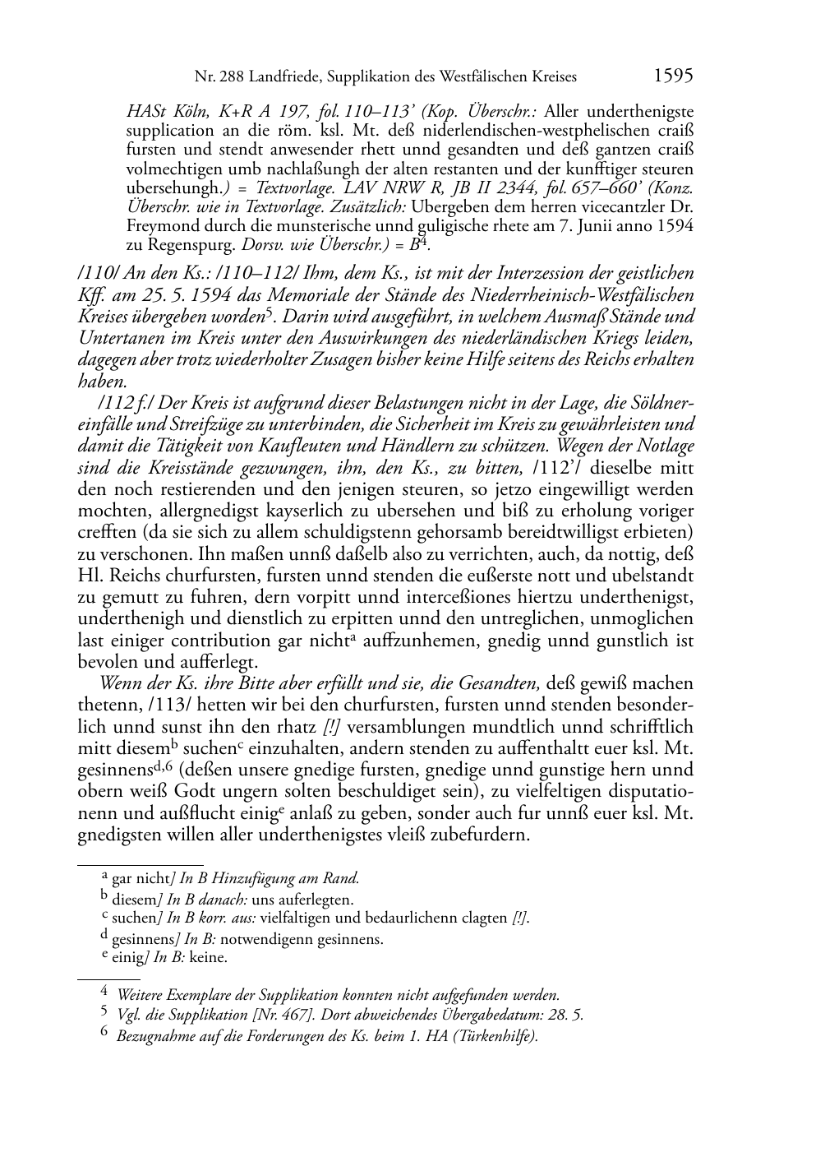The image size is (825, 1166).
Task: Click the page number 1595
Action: (673, 76)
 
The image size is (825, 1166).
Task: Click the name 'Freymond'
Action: (156, 226)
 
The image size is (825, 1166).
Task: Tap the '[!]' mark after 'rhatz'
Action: (333, 727)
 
